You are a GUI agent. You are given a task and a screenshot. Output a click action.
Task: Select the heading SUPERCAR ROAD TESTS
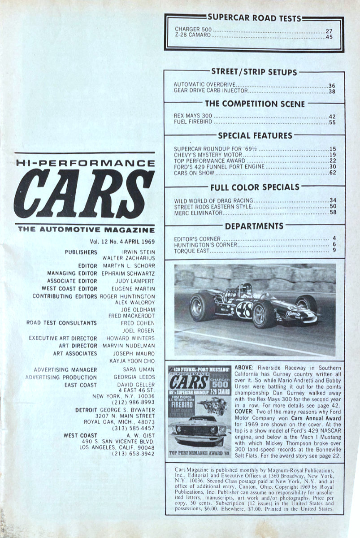pyautogui.click(x=254, y=18)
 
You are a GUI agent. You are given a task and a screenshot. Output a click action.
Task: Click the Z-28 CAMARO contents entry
pyautogui.click(x=193, y=36)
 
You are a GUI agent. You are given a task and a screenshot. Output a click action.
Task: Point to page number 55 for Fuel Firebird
pyautogui.click(x=332, y=122)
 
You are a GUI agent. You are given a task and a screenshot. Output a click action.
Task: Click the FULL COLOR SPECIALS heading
pyautogui.click(x=255, y=187)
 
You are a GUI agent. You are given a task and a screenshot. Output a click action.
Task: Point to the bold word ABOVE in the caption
pyautogui.click(x=245, y=369)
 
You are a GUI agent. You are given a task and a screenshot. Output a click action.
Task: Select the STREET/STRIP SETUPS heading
pyautogui.click(x=254, y=72)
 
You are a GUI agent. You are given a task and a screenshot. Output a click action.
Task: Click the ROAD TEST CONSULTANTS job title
pyautogui.click(x=61, y=323)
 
